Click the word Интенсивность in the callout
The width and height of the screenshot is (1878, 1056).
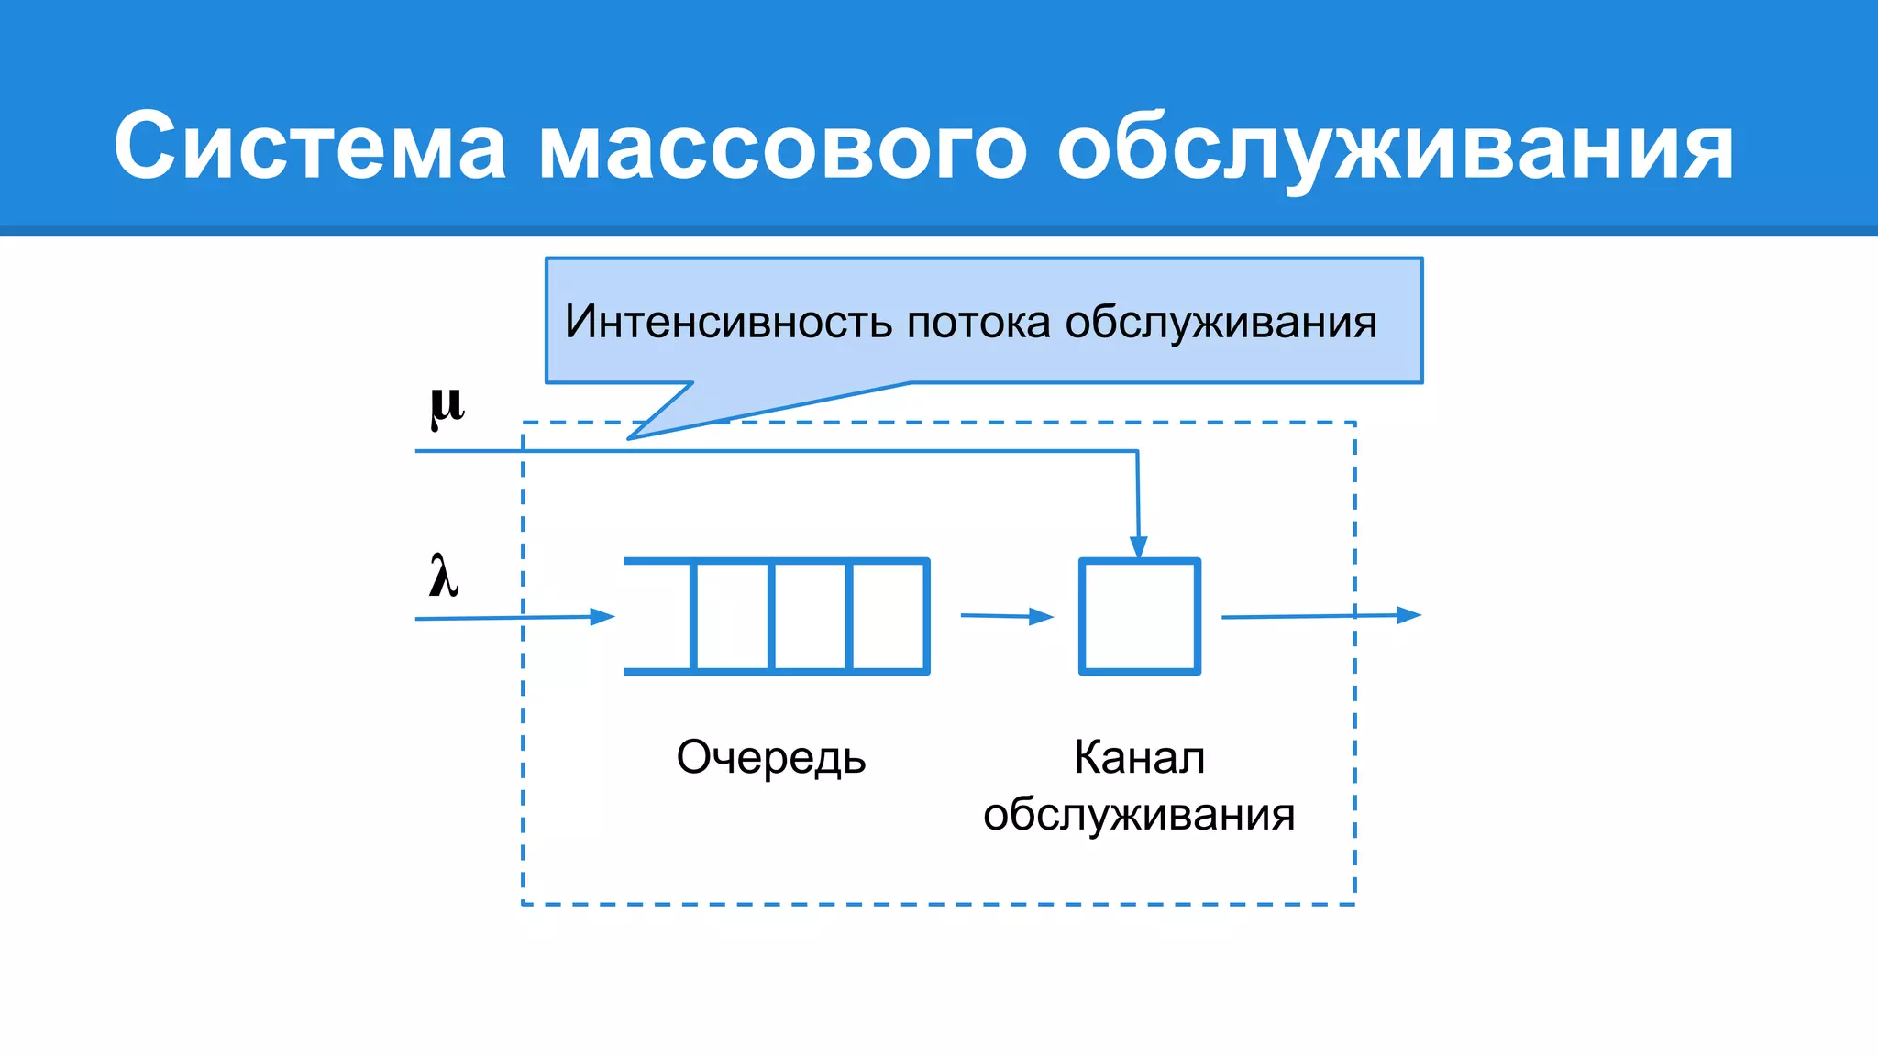[728, 322]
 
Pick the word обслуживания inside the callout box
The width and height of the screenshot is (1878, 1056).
[1221, 323]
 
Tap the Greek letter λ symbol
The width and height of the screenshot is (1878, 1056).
[444, 577]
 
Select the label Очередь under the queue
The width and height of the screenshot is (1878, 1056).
[771, 758]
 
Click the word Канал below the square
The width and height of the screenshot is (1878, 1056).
[1139, 758]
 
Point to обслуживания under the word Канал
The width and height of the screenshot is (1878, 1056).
[1139, 814]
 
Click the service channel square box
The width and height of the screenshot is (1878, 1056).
[1140, 616]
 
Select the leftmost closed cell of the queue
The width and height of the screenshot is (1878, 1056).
[732, 616]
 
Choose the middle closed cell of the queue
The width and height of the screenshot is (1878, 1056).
[811, 616]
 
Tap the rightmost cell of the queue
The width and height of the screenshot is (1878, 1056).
[889, 616]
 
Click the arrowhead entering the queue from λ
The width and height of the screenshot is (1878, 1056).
[602, 617]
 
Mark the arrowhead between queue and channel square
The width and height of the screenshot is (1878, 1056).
[1041, 617]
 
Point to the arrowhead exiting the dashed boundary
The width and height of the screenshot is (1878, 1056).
[1408, 615]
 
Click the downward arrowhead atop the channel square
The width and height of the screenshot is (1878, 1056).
[1139, 547]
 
